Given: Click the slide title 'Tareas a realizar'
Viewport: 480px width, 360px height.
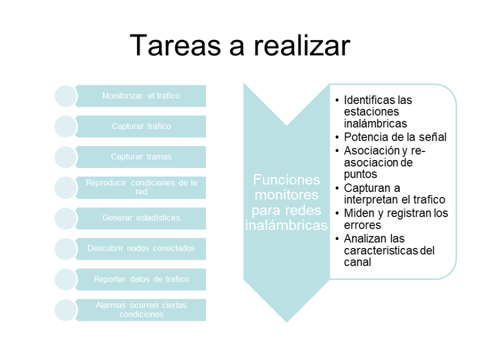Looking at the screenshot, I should (x=240, y=45).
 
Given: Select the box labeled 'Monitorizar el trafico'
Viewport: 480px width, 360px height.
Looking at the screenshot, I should (x=141, y=96).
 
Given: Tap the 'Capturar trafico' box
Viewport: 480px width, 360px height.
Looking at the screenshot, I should (x=141, y=126).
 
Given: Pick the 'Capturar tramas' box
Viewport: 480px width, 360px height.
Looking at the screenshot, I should (x=141, y=157).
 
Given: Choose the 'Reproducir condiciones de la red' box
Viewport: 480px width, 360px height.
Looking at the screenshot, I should (x=141, y=187).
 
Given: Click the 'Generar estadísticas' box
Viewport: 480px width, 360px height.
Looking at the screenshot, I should (x=141, y=218).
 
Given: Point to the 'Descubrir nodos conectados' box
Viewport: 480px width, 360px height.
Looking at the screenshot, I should (x=141, y=248).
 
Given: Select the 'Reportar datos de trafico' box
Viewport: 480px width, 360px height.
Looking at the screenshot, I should (x=141, y=279).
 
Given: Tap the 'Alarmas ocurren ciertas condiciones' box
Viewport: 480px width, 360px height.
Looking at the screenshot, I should (x=141, y=309).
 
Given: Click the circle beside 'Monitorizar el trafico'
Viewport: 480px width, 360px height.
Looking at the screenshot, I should (x=66, y=96).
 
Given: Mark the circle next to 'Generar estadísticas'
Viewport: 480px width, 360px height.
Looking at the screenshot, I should (x=66, y=218).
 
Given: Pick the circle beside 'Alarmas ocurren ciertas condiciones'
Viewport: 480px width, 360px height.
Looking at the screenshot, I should (x=66, y=309).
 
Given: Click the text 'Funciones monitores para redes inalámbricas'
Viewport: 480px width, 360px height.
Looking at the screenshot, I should (x=286, y=202).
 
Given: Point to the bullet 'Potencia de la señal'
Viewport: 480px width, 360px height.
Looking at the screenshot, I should (x=395, y=137).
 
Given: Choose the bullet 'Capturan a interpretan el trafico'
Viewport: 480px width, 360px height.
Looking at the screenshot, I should (x=394, y=194).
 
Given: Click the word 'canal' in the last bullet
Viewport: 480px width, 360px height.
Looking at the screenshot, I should (x=357, y=262).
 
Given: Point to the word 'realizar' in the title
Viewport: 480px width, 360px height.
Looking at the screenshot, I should (x=302, y=45).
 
